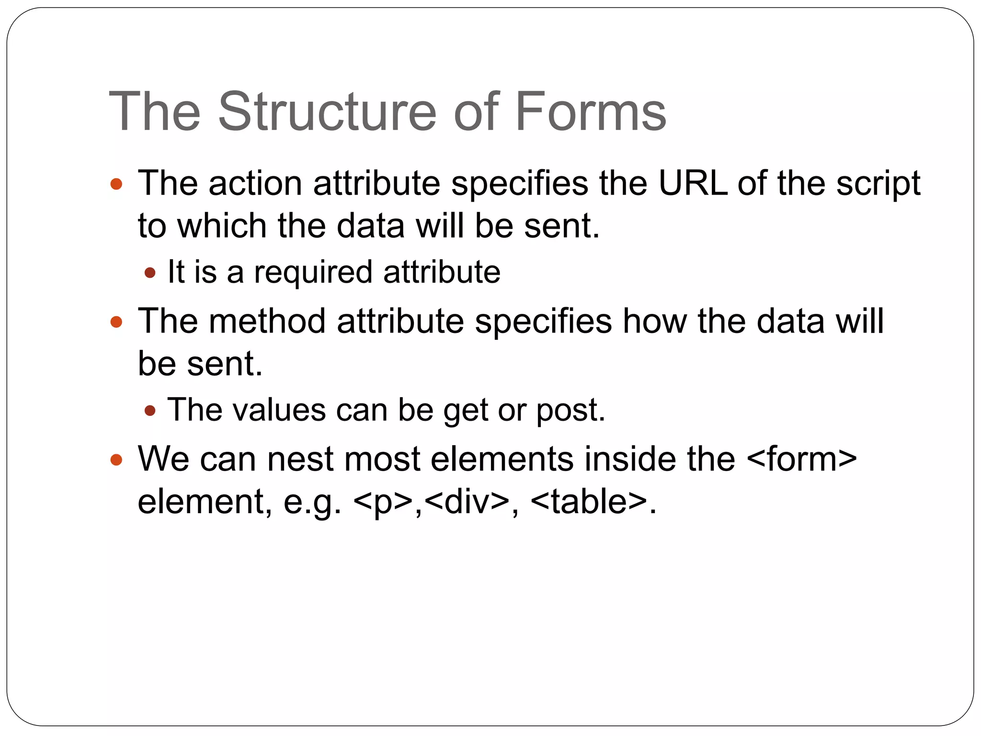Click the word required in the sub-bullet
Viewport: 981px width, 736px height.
click(x=313, y=273)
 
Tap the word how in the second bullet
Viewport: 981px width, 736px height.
click(x=654, y=321)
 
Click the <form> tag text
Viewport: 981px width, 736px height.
click(x=801, y=459)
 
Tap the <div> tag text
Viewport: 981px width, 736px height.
click(x=467, y=502)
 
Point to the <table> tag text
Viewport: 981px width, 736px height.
click(x=588, y=502)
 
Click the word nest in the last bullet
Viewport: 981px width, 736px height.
click(x=300, y=459)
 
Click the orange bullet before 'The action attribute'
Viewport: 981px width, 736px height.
click(x=116, y=184)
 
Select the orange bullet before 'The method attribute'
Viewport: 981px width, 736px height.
click(x=116, y=322)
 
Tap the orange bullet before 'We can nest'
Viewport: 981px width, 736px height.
click(x=116, y=460)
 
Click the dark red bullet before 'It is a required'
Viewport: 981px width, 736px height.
click(x=150, y=273)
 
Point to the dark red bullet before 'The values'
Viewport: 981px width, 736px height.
click(x=150, y=411)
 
